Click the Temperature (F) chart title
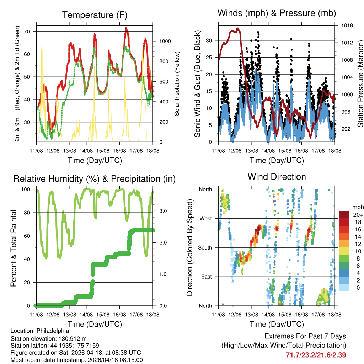[95, 15]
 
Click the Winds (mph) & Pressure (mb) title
[277, 13]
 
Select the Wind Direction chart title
[277, 177]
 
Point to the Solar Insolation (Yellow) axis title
[177, 84]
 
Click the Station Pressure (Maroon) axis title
[360, 84]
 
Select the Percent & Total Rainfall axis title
[14, 248]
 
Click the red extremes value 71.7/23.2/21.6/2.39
[316, 355]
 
